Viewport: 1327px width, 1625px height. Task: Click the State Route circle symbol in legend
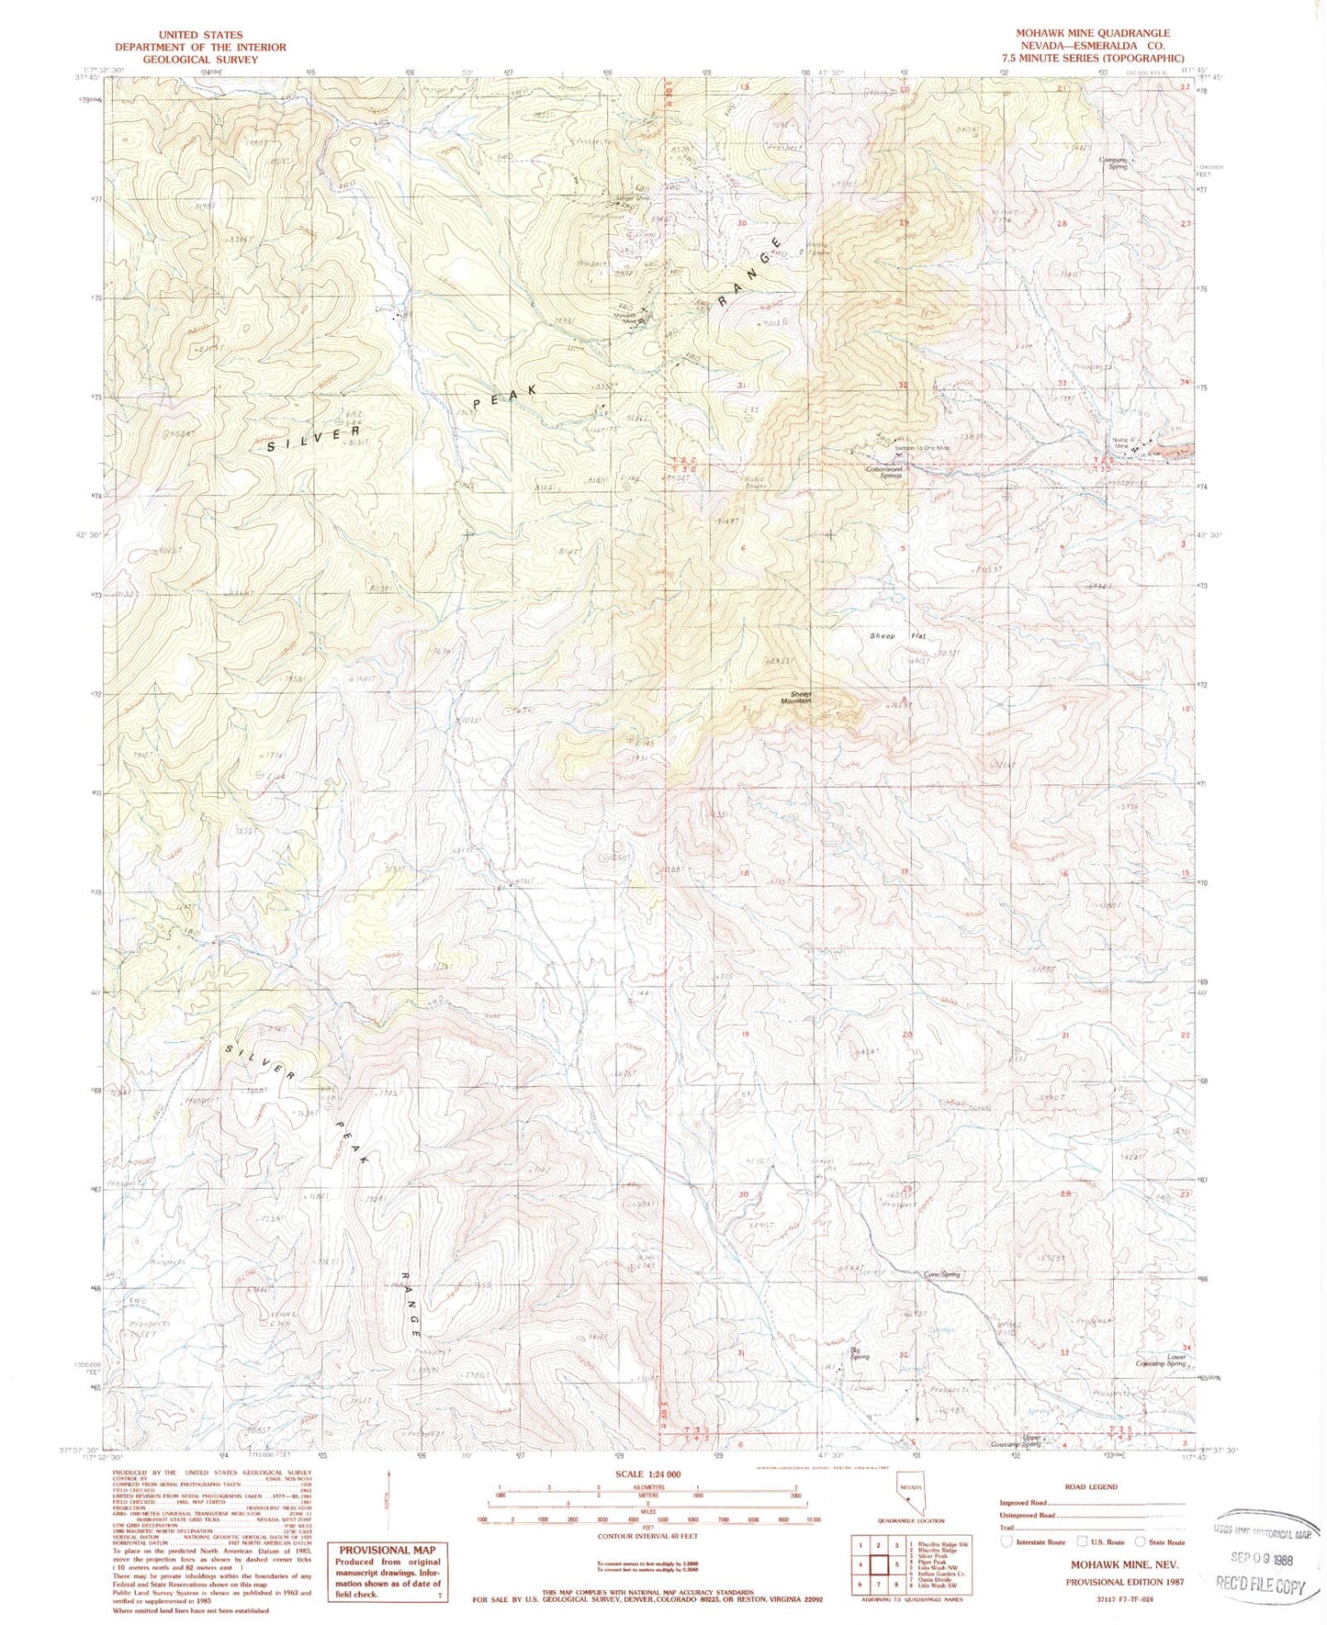(1143, 1542)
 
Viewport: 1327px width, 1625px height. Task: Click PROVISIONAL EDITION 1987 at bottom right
(1124, 1583)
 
